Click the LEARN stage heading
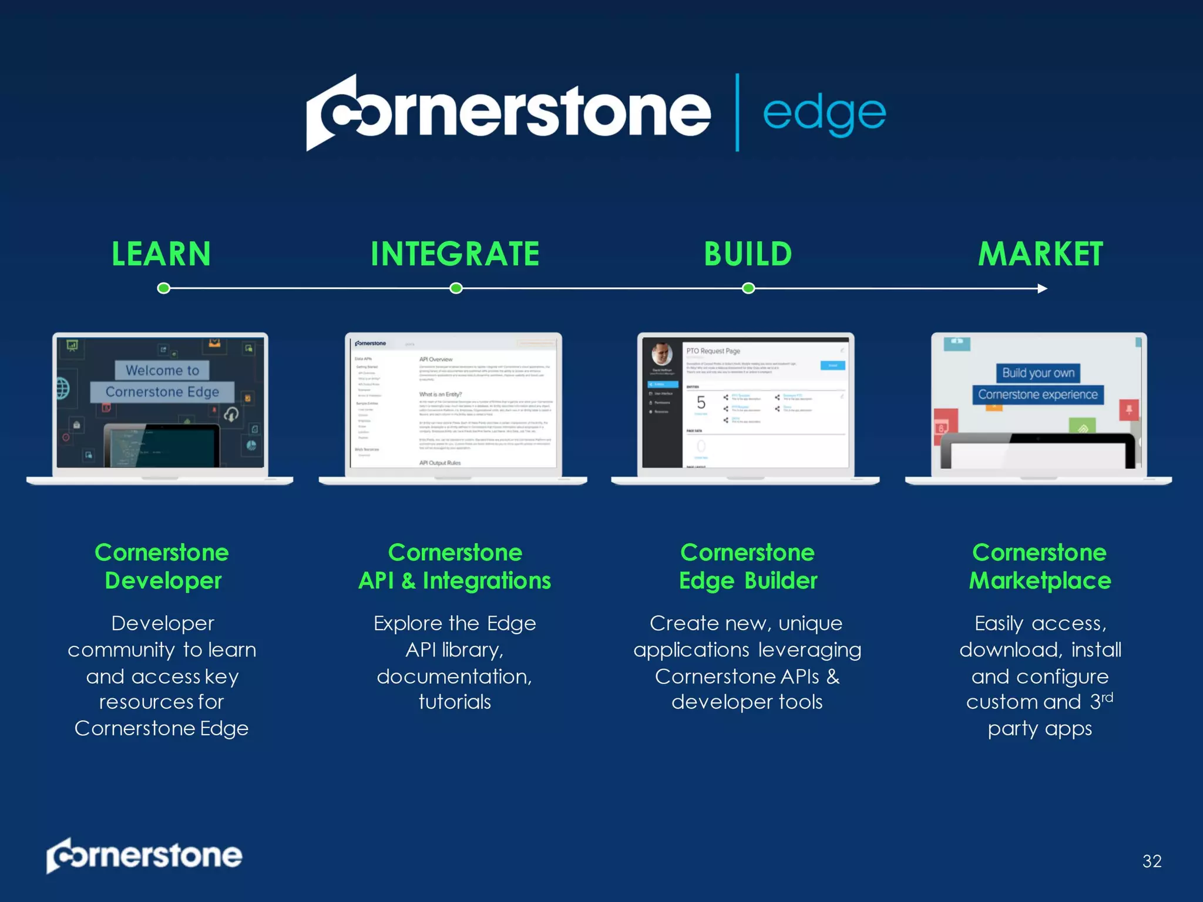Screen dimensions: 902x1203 pos(161,254)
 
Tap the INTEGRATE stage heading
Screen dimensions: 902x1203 pos(455,254)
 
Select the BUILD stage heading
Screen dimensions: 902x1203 pos(748,254)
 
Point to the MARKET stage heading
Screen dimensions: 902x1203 pos(1040,254)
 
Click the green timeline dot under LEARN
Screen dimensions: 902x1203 pos(164,288)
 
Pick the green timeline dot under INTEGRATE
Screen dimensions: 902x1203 pos(456,288)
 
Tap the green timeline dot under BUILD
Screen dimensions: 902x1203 pos(748,288)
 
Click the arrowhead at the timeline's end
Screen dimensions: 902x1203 pos(1042,288)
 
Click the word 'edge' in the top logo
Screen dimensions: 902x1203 pos(824,114)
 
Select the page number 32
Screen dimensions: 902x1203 pos(1152,861)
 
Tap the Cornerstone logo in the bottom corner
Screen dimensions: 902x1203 pos(145,856)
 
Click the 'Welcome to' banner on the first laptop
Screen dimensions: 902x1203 pos(162,371)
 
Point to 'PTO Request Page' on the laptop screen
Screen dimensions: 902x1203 pos(713,351)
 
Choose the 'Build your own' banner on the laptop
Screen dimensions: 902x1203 pos(1038,373)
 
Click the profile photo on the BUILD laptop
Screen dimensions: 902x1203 pos(662,354)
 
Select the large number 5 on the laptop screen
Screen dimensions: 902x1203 pos(701,403)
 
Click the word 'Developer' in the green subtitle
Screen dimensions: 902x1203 pos(163,581)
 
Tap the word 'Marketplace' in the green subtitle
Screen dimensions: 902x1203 pos(1040,581)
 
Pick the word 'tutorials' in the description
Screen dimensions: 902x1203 pos(455,702)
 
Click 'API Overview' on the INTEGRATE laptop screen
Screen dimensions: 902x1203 pos(436,359)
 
